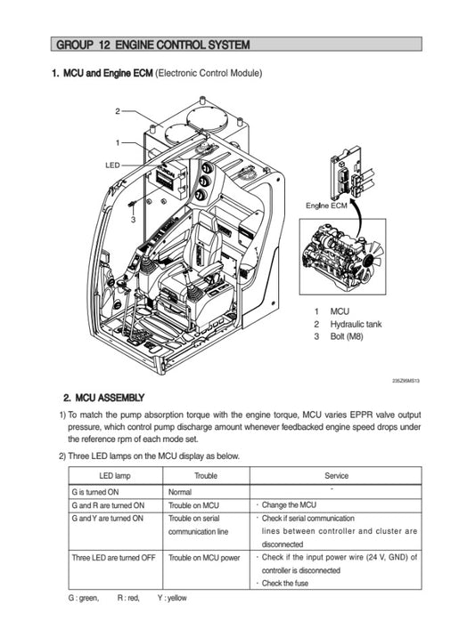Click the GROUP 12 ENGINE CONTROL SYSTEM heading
153,44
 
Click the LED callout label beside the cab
112,165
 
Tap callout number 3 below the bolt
133,220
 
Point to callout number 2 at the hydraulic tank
118,111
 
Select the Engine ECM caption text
326,206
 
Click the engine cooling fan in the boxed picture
371,260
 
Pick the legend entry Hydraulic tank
356,324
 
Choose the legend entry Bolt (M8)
347,336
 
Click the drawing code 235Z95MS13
405,381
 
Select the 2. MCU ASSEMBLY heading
103,398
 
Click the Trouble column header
206,476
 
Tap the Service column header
336,476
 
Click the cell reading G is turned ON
95,492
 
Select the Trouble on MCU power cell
204,558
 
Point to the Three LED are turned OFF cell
113,558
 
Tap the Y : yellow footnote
172,598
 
